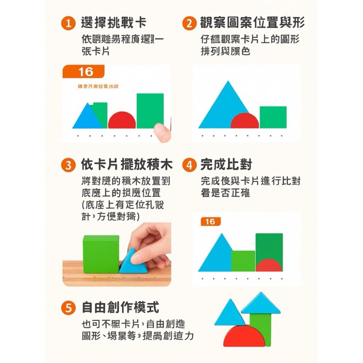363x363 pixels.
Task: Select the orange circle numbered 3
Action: (x=68, y=166)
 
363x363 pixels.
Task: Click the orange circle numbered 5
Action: (x=68, y=309)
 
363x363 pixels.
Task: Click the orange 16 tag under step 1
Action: (x=83, y=72)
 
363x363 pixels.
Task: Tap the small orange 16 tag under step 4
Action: (x=210, y=222)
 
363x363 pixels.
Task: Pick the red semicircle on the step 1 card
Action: (x=122, y=121)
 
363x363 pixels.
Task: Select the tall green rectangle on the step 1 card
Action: (x=150, y=110)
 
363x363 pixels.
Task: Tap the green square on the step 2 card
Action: (x=273, y=117)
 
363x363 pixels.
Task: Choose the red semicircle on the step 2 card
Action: (x=245, y=121)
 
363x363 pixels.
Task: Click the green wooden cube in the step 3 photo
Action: (x=101, y=253)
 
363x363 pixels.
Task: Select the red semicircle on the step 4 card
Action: (x=269, y=266)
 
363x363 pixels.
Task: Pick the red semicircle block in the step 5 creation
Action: (x=244, y=337)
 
